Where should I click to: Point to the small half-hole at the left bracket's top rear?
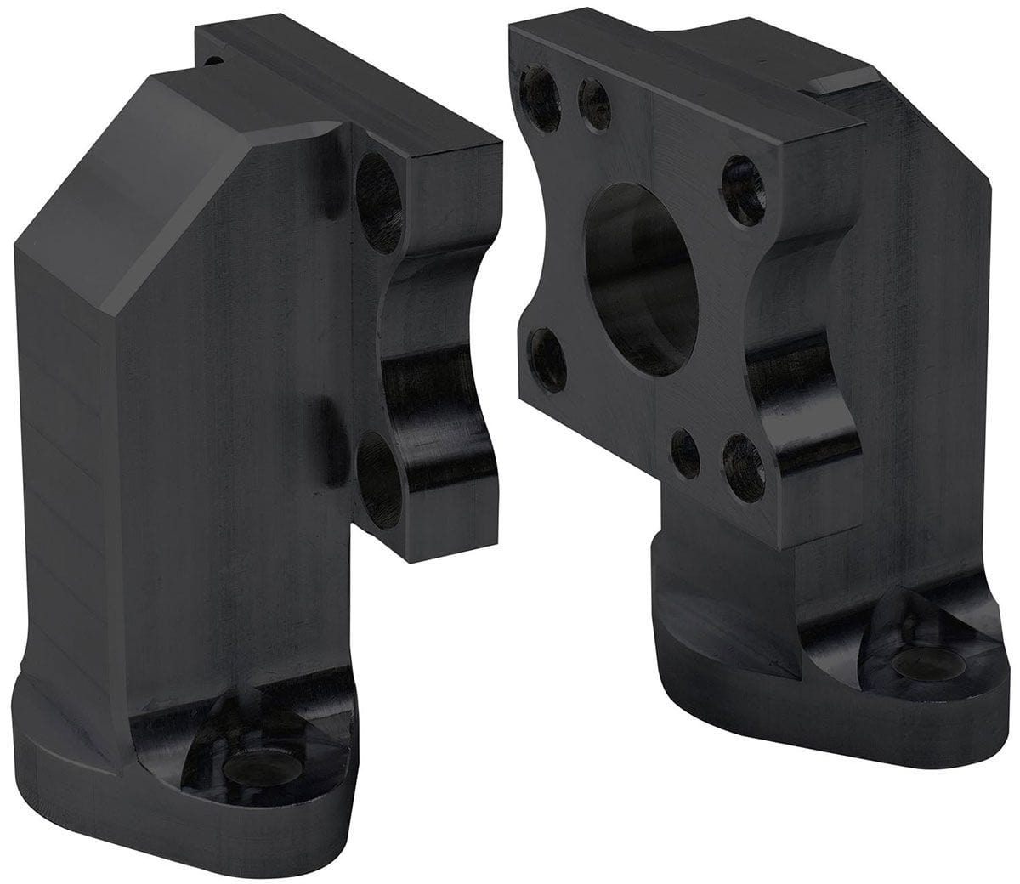click(x=213, y=59)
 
